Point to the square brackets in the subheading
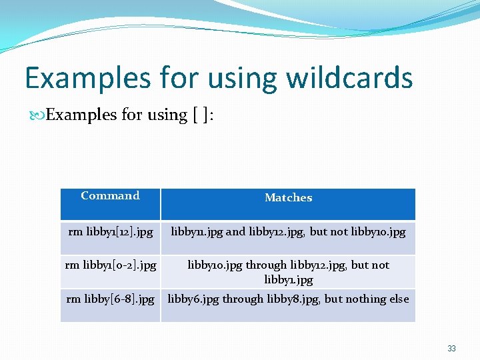pyautogui.click(x=200, y=115)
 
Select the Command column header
pyautogui.click(x=110, y=195)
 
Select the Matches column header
pyautogui.click(x=288, y=197)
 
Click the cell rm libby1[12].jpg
pyautogui.click(x=111, y=232)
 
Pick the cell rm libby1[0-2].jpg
pyautogui.click(x=111, y=265)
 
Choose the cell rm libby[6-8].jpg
pyautogui.click(x=111, y=299)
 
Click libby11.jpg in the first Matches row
pyautogui.click(x=197, y=232)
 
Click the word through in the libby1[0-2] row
pyautogui.click(x=266, y=265)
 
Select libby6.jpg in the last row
pyautogui.click(x=193, y=299)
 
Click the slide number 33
pyautogui.click(x=451, y=349)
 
